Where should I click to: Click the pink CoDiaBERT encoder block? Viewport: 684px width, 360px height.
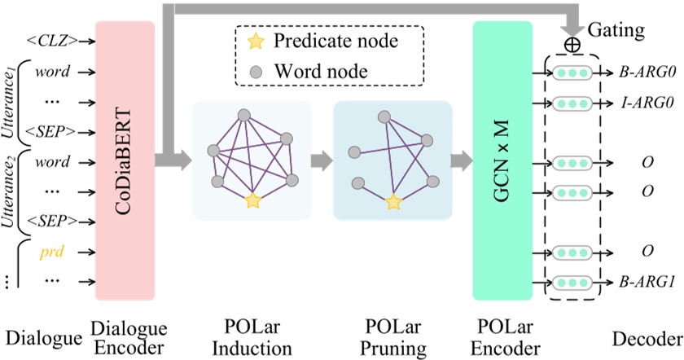tap(125, 159)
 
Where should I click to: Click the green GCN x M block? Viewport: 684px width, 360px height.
tap(502, 159)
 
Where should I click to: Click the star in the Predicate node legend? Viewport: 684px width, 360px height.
tap(256, 40)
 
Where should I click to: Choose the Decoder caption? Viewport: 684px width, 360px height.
tap(648, 338)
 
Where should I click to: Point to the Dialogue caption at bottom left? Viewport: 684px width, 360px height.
tap(42, 338)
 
